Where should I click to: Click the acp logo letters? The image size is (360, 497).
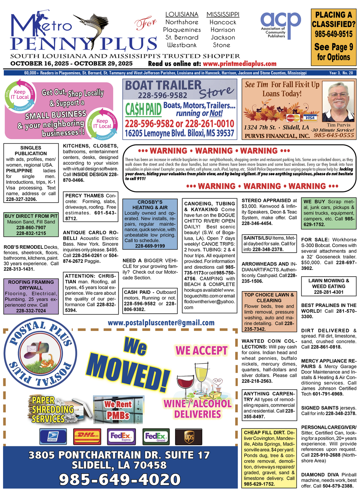tap(280, 21)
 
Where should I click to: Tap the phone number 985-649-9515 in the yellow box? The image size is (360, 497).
tap(333, 34)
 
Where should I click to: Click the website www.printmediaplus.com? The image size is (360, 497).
tap(240, 64)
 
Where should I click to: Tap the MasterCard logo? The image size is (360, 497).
tap(293, 118)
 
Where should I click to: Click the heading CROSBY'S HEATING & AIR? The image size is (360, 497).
tap(150, 205)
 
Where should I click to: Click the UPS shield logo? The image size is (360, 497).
tap(189, 437)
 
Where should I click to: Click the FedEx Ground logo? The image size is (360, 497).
tap(156, 436)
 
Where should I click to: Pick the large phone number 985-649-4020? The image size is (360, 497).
tap(120, 479)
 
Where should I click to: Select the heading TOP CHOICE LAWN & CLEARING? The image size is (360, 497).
tap(269, 298)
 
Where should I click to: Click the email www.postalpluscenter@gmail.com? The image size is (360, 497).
tap(161, 323)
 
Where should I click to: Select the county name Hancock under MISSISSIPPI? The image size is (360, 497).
tap(223, 22)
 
